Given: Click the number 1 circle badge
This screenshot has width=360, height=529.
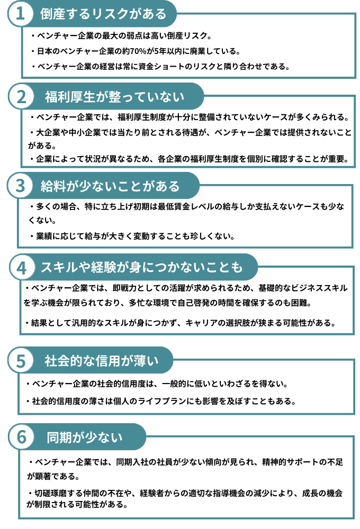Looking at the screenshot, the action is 20,14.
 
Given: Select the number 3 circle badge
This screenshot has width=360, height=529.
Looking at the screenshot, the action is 20,186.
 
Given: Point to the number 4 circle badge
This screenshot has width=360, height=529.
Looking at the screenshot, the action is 22,268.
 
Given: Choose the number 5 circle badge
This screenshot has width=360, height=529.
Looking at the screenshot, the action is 21,361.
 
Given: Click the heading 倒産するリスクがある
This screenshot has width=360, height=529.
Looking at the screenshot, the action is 103,14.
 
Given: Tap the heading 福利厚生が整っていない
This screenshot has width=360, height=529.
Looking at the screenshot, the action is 114,97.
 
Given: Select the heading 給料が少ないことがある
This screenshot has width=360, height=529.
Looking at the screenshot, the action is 110,186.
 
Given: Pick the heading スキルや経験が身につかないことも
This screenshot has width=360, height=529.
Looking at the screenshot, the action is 142,267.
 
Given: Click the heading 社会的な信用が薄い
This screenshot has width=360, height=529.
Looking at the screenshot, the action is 101,361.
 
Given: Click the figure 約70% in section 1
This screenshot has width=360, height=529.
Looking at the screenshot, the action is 134,51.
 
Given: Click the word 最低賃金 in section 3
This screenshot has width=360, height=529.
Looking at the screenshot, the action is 174,206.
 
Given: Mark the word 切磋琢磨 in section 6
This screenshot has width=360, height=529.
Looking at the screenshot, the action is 51,493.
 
